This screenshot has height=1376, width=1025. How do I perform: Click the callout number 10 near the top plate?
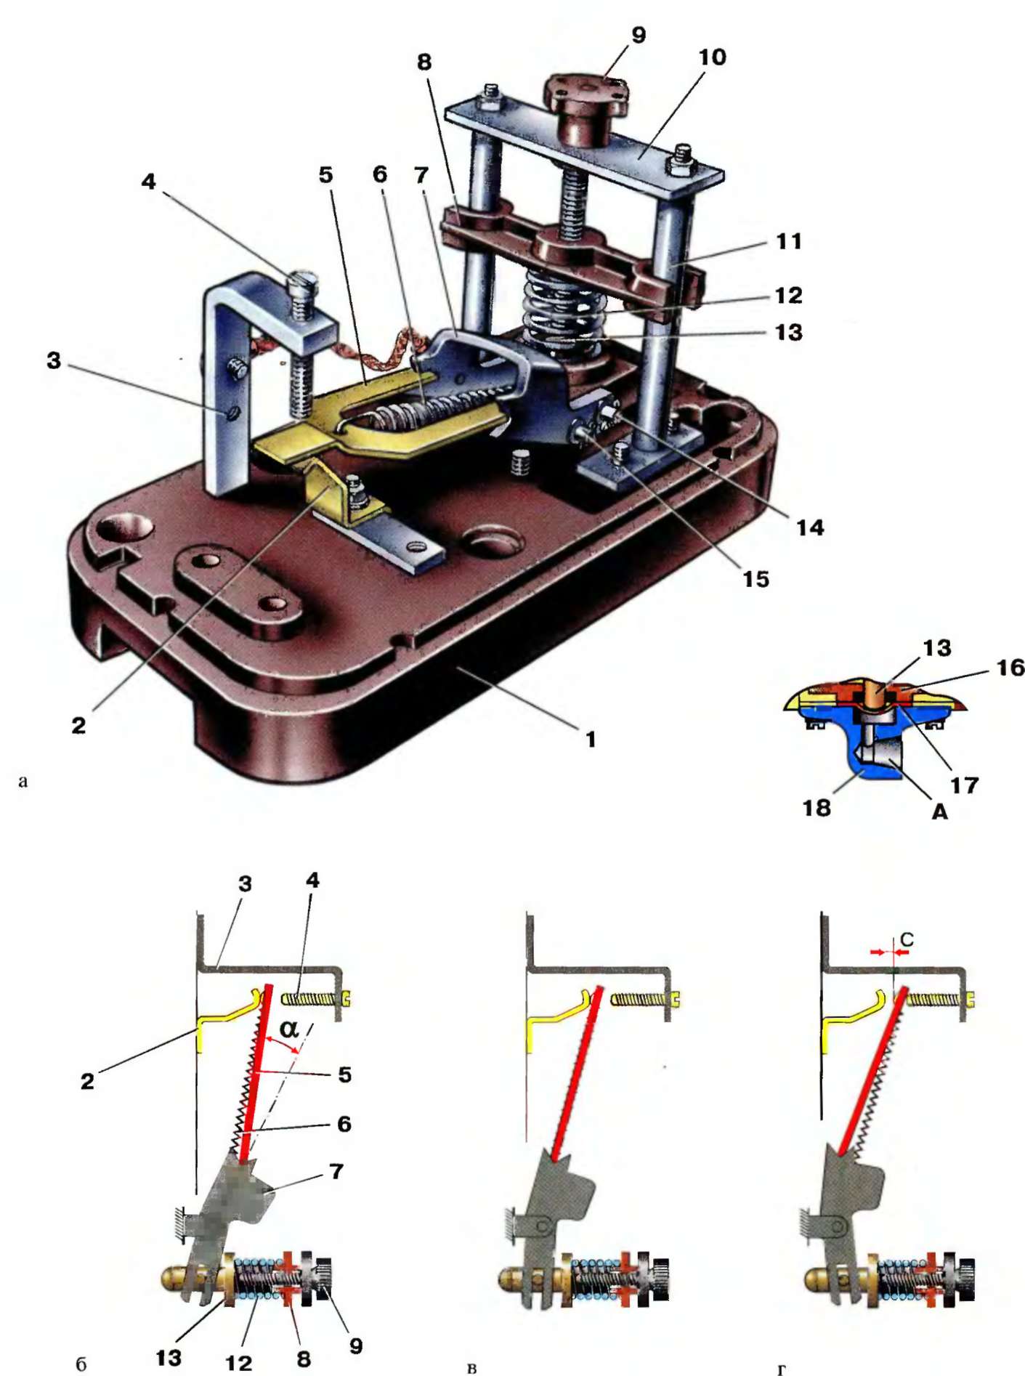click(712, 57)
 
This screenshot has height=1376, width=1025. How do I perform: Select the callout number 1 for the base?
click(591, 739)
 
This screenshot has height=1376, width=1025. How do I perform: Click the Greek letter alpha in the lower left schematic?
click(288, 1029)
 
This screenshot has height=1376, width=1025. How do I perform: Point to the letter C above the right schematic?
click(907, 940)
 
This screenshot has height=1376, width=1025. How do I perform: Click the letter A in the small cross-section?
click(939, 812)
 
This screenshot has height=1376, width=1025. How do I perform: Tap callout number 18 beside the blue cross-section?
click(817, 807)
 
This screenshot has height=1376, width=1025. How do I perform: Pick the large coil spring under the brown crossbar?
click(563, 309)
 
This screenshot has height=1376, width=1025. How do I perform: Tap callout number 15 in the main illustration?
click(755, 579)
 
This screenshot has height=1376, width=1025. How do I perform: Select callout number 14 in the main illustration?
click(810, 527)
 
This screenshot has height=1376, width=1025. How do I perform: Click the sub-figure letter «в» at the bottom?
click(471, 1368)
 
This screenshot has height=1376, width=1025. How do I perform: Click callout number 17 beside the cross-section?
click(964, 785)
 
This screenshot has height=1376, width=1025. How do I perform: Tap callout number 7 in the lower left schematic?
click(336, 1171)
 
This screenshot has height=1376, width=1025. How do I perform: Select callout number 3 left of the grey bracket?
click(54, 360)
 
